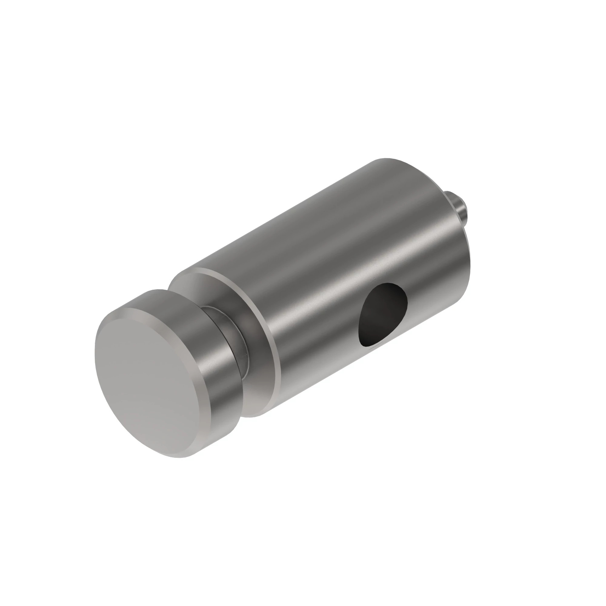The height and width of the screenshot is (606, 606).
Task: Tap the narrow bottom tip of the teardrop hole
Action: (x=366, y=345)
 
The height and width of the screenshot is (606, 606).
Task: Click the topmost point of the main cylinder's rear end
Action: (x=386, y=159)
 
